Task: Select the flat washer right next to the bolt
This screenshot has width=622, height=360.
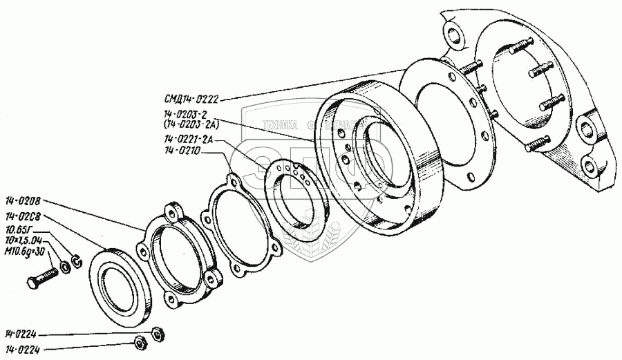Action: (65, 266)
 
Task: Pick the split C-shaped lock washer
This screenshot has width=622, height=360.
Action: (77, 260)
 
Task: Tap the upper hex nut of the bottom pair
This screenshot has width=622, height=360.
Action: (157, 332)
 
